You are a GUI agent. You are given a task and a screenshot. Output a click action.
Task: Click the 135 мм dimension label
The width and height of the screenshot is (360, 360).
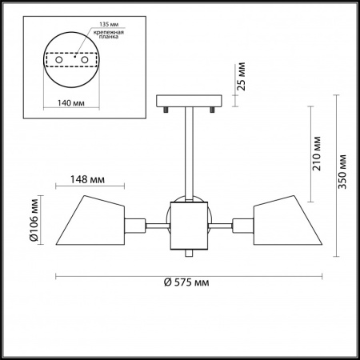(109, 24)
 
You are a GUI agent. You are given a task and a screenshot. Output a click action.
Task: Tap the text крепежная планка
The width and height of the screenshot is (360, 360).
(109, 34)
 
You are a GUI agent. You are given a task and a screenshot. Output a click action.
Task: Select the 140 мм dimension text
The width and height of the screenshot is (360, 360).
(71, 103)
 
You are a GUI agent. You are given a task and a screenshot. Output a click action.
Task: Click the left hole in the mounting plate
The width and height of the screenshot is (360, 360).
(59, 60)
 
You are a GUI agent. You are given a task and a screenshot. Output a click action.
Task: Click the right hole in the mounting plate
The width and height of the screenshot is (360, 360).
(85, 60)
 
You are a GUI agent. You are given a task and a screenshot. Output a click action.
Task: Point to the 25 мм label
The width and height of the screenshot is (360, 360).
(242, 77)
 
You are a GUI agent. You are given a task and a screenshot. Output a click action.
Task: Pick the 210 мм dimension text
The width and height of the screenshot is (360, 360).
(317, 154)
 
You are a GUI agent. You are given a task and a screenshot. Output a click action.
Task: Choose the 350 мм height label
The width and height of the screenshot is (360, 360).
(342, 172)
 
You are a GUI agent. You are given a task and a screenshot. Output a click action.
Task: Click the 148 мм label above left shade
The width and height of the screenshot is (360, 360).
(87, 179)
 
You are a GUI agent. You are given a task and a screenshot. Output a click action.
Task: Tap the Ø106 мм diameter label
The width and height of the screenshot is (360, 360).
(34, 220)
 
